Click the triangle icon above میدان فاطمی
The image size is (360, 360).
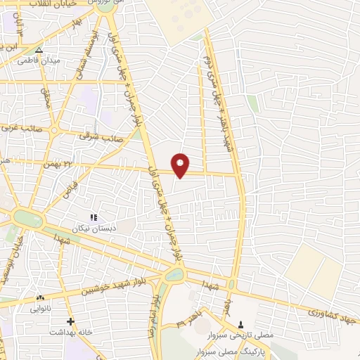click(39, 51)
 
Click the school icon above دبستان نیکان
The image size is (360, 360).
click(94, 217)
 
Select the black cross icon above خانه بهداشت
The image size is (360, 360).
click(70, 321)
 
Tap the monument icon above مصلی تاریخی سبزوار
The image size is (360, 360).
click(242, 324)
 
